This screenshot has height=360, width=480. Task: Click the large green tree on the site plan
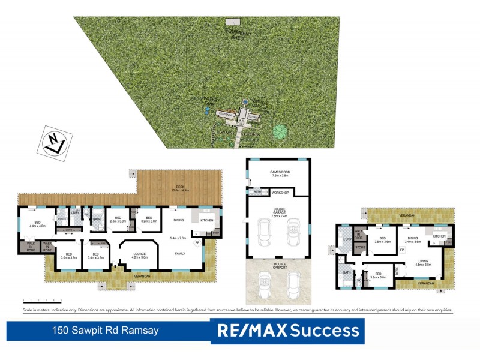(x=279, y=130)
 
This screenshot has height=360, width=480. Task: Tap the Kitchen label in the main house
(x=206, y=220)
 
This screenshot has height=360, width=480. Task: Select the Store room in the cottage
(x=359, y=247)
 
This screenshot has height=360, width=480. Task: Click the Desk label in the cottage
(x=397, y=270)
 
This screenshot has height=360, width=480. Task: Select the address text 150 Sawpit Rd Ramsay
(x=100, y=330)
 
